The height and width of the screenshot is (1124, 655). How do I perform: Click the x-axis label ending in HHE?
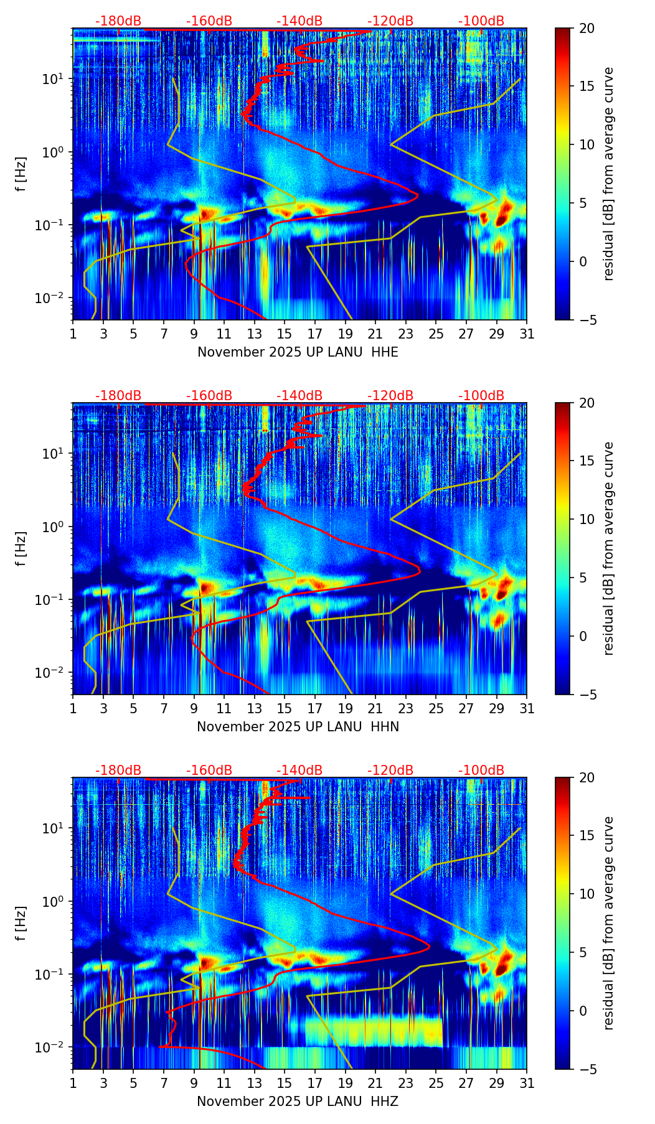(298, 352)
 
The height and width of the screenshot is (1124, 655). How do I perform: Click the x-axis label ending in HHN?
(298, 727)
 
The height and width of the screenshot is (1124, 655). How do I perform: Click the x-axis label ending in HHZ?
(298, 1102)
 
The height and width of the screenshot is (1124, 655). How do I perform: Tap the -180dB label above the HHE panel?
(118, 21)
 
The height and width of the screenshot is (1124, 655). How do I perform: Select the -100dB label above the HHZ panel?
(481, 770)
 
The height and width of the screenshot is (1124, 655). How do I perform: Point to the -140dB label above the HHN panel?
(299, 396)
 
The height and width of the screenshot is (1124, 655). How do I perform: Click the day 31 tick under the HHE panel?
(527, 334)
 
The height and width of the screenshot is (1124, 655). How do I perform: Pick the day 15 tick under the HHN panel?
(285, 709)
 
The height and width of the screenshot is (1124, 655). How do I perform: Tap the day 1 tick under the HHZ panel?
(73, 1084)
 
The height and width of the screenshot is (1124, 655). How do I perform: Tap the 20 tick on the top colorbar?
(587, 28)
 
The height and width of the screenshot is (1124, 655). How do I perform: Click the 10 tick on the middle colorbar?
(587, 519)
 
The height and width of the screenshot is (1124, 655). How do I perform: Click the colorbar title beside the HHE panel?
(608, 174)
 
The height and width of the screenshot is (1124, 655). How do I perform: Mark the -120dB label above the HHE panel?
(390, 21)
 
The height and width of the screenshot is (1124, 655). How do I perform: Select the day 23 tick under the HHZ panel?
(405, 1084)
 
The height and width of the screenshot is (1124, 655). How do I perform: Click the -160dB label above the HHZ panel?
(209, 770)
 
